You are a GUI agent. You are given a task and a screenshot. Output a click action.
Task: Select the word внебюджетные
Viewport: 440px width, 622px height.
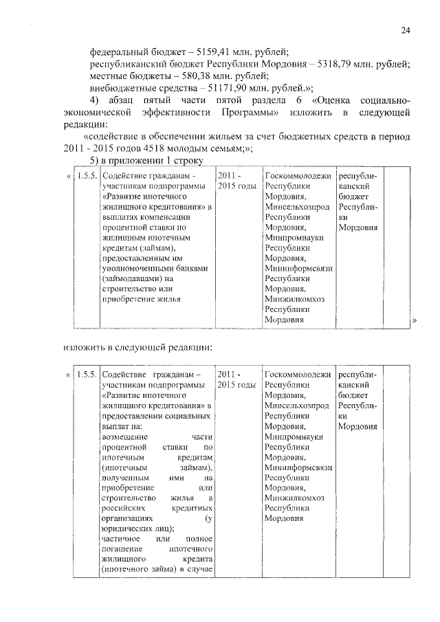click(x=124, y=88)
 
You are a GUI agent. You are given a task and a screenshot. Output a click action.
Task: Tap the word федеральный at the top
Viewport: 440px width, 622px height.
click(x=121, y=52)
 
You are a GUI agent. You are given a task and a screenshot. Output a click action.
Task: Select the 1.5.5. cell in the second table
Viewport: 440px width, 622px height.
click(x=85, y=375)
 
